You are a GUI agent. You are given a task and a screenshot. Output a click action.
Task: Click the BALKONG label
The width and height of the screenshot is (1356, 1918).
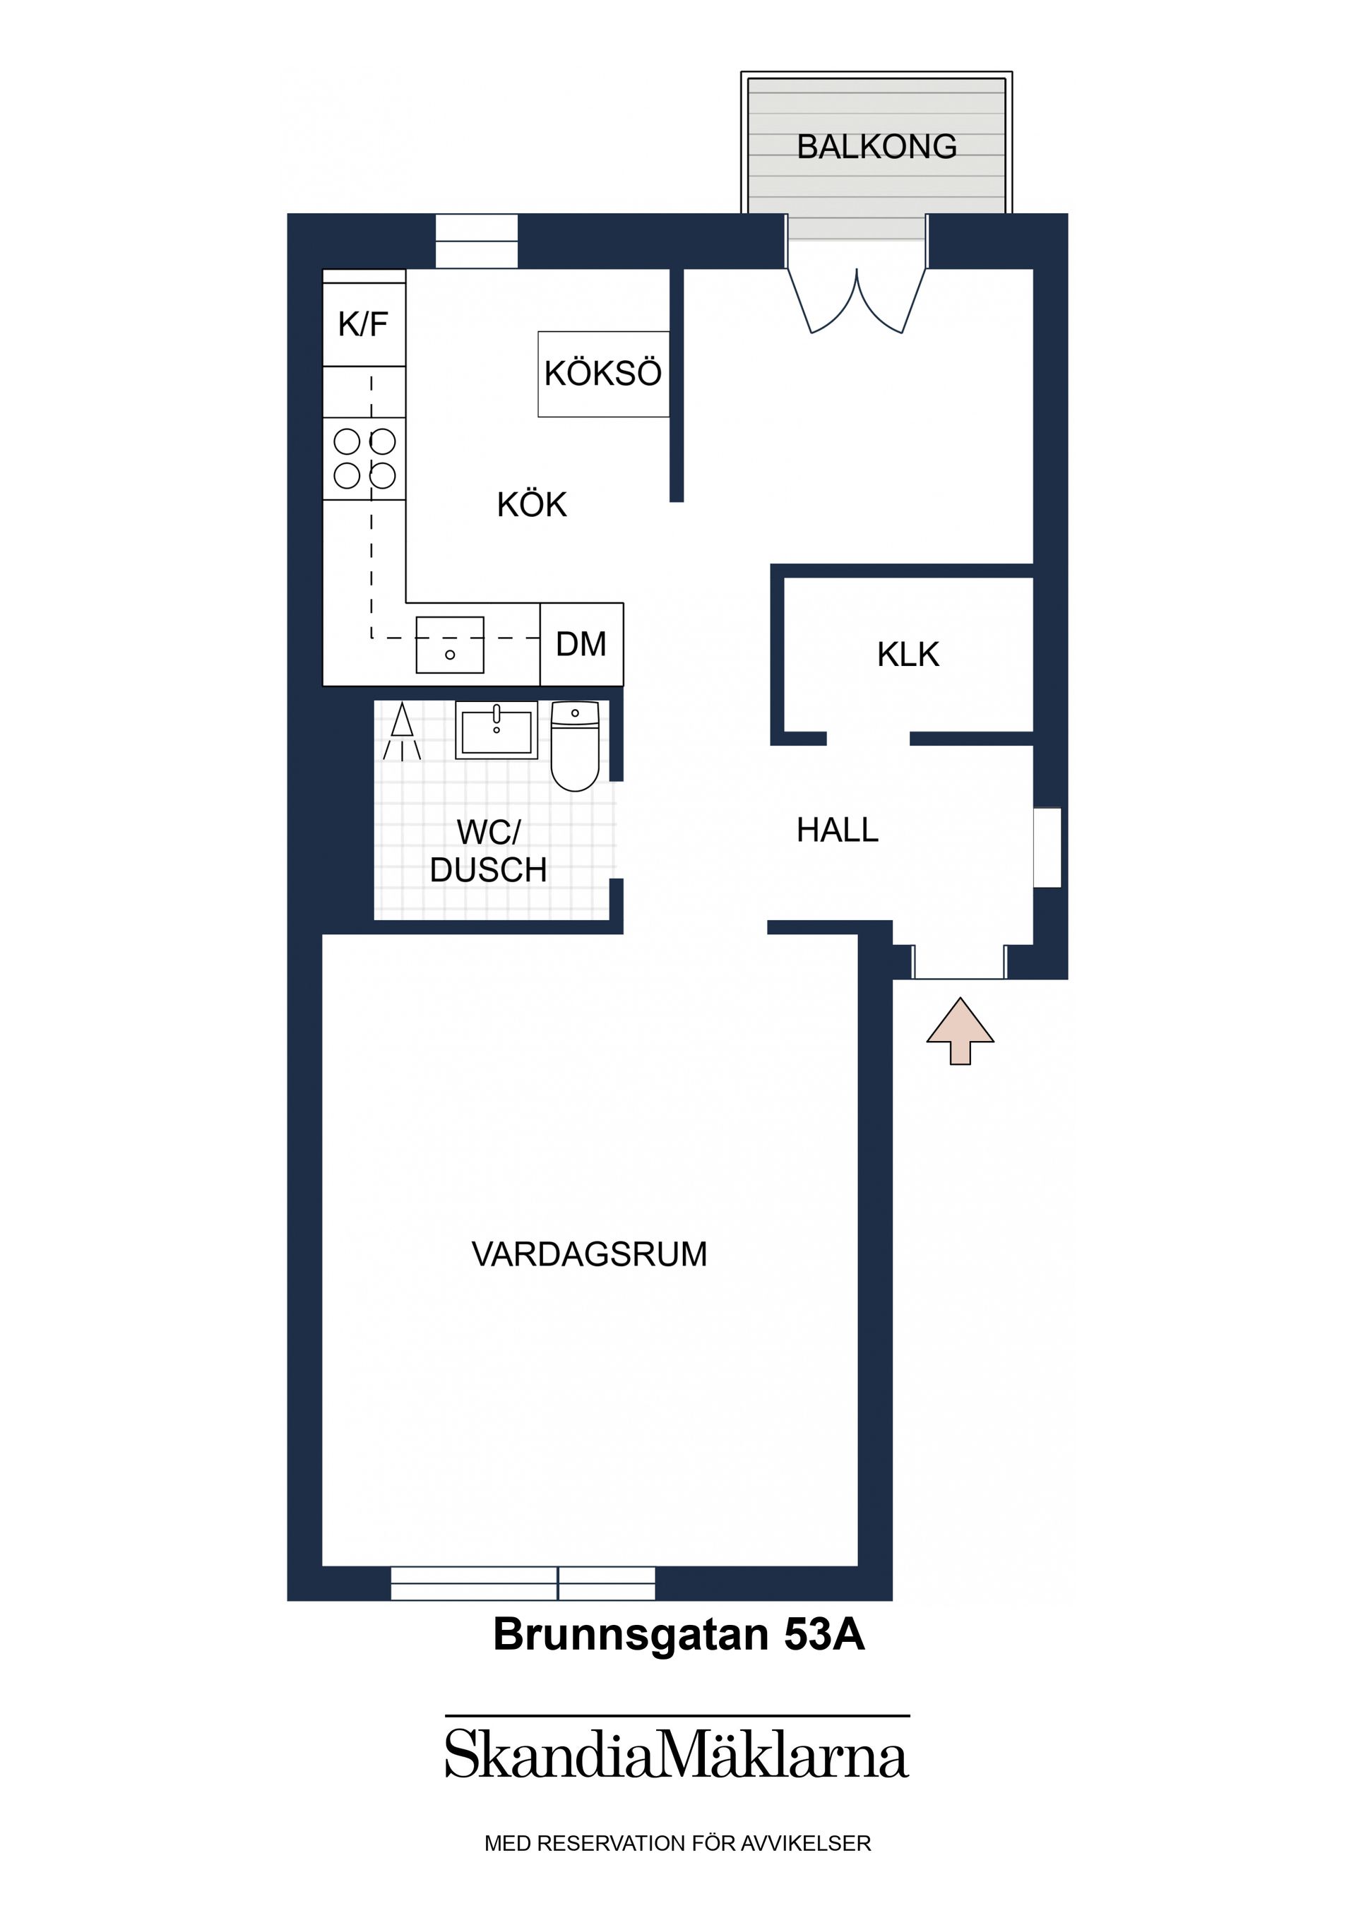pos(876,147)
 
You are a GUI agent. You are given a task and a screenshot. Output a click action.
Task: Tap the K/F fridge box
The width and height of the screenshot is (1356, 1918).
pos(364,324)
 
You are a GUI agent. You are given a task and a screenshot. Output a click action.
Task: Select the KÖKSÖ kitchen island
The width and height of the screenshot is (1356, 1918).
pos(602,374)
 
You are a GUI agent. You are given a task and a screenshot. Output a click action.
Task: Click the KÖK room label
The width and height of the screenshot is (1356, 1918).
pos(531,504)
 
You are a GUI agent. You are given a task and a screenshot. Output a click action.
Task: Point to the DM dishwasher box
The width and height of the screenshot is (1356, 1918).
pos(581,644)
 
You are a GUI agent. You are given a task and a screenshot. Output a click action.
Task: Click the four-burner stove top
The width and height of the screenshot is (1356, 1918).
pos(364,458)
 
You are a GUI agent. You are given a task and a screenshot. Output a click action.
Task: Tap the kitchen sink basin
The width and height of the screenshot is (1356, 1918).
pos(449,644)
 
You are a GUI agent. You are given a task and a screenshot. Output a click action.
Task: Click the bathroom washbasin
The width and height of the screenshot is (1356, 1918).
pos(496,730)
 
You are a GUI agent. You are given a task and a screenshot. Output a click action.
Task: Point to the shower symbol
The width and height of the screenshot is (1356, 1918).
pos(402,732)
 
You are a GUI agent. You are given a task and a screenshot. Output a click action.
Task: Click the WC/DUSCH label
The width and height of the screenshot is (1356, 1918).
pos(489,851)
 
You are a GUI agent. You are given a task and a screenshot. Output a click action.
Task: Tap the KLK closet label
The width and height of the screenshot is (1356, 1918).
pos(908,655)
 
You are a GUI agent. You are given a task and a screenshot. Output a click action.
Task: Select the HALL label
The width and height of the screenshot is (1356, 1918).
pos(837,830)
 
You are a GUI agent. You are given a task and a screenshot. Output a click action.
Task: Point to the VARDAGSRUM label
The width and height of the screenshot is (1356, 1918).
pos(589,1255)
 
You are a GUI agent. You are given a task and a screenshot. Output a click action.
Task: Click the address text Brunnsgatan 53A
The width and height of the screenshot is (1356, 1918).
pos(679,1635)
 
